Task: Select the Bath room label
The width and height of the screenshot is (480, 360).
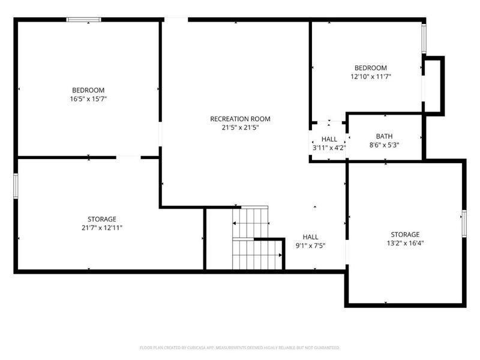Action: click(384, 136)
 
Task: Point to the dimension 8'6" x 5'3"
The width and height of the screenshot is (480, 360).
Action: click(384, 145)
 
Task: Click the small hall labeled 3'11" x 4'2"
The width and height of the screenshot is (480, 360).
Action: click(329, 143)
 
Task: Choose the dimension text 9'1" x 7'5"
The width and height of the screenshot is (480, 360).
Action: click(310, 245)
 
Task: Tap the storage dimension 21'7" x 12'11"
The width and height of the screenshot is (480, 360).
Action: click(101, 227)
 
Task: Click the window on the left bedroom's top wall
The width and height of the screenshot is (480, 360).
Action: click(83, 20)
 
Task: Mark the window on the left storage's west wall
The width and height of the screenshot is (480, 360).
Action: click(16, 184)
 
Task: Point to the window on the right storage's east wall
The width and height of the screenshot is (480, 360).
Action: click(464, 223)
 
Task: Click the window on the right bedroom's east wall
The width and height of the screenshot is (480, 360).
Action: click(423, 39)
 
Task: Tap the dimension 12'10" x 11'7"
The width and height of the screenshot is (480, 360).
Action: click(370, 77)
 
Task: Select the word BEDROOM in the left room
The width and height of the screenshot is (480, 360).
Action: click(88, 90)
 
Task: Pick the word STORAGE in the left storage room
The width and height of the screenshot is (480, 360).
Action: click(101, 219)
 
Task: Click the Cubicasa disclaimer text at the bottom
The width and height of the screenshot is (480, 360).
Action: click(240, 347)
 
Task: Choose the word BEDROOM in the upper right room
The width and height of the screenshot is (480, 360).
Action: click(370, 68)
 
